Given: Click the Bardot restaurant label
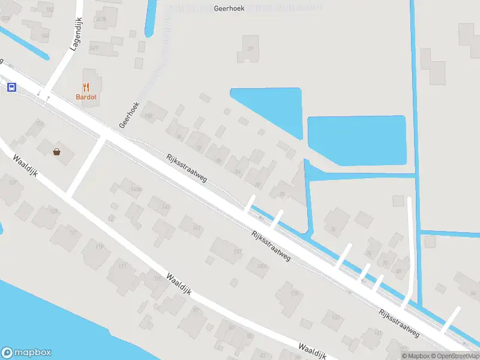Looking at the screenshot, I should [x=86, y=97].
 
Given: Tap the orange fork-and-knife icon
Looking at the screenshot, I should [x=86, y=87].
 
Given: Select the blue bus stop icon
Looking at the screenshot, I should [x=11, y=88].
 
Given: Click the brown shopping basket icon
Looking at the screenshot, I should [x=57, y=152].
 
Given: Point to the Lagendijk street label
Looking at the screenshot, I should [x=76, y=34].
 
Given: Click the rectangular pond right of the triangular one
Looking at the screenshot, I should [x=356, y=140].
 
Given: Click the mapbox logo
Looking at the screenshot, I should [x=26, y=353].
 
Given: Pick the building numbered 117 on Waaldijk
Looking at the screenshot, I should [x=122, y=267].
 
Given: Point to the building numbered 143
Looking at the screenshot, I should [x=196, y=227].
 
